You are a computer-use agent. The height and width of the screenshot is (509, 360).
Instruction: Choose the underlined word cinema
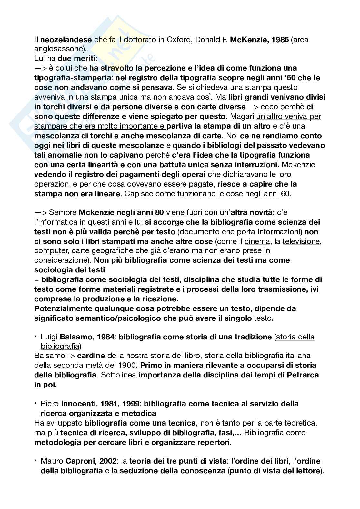tap(257, 241)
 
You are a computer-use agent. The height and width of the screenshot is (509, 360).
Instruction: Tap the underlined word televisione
tap(302, 241)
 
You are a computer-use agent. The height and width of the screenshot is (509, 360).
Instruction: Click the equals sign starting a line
tap(36, 279)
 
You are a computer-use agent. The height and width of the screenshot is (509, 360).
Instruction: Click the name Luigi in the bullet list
tap(49, 337)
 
